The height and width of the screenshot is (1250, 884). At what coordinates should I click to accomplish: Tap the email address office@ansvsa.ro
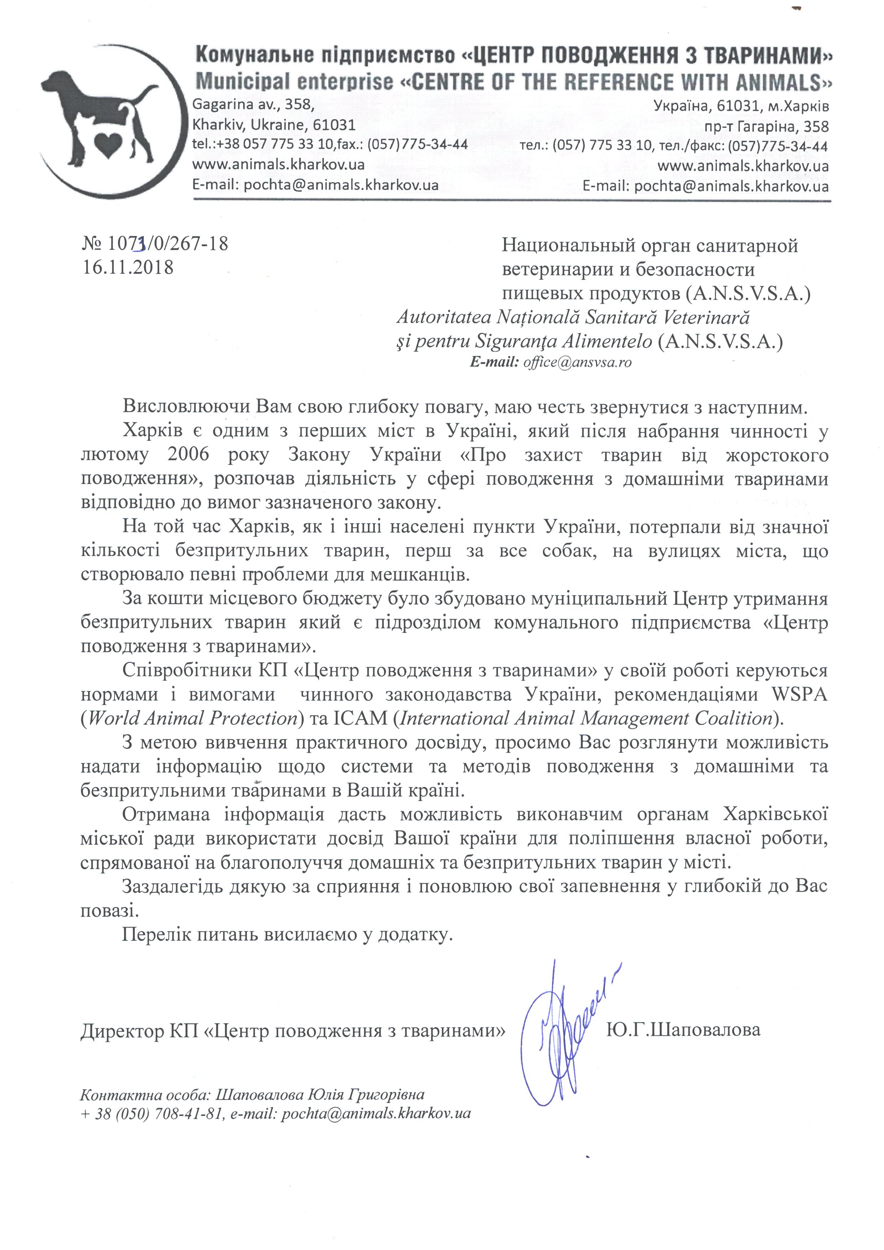(x=577, y=362)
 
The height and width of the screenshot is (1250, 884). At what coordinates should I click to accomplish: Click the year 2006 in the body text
(x=188, y=454)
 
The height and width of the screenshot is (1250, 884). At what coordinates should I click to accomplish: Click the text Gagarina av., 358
(x=253, y=104)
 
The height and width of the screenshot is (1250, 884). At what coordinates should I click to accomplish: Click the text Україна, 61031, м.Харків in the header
(x=742, y=105)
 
